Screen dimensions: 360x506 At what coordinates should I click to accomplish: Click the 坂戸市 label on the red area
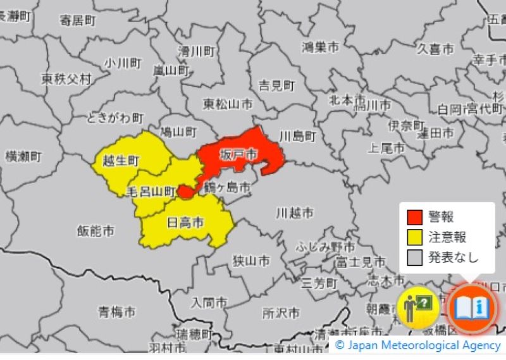238,155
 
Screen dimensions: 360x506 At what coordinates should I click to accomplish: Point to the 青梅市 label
116,311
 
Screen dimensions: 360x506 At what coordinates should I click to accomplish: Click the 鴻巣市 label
320,47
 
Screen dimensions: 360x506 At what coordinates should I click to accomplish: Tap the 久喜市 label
435,49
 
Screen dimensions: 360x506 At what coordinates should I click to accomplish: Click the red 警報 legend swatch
415,217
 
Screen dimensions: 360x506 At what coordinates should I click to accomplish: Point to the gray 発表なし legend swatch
415,257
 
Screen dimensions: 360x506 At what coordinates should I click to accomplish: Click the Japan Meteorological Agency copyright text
418,345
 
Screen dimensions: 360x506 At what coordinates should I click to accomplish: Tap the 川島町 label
297,136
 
